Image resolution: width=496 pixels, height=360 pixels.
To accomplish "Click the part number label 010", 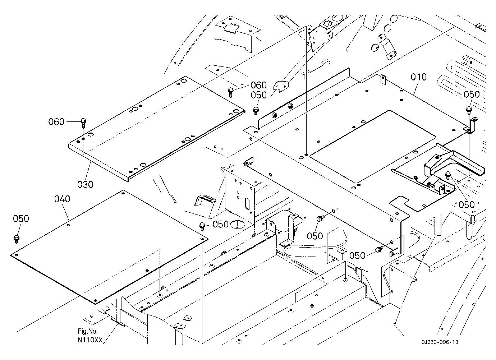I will [x=419, y=77].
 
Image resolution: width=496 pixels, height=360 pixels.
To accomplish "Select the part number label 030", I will [x=86, y=184].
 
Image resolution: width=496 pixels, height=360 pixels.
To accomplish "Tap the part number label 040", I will [x=63, y=199].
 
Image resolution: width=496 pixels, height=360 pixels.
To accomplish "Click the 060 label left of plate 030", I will [x=56, y=122].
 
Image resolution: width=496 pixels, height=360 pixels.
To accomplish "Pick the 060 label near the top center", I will [x=258, y=85].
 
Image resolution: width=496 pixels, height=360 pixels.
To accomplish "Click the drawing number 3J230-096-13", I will [x=441, y=343].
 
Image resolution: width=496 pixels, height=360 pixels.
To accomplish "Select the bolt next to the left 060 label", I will [x=83, y=122].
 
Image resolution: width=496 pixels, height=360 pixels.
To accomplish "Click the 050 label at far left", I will [x=21, y=219].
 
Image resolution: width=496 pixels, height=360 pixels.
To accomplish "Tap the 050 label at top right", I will [x=472, y=94].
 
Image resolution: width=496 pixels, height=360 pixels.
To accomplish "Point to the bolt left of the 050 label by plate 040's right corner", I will [x=202, y=226].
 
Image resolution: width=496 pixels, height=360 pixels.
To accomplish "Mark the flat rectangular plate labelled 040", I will [x=108, y=244].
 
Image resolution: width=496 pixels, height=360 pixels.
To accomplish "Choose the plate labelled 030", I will [x=155, y=126].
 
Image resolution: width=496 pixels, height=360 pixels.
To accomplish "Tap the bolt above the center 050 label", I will [x=319, y=218].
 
